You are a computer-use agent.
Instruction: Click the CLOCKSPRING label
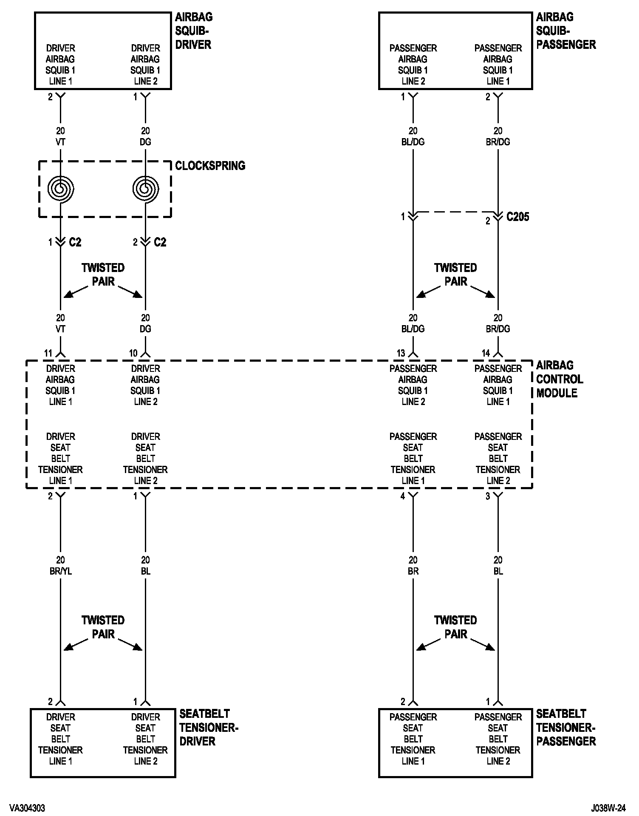coord(210,166)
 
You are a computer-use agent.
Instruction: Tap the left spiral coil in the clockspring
coord(61,188)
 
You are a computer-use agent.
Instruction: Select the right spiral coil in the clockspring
coord(146,188)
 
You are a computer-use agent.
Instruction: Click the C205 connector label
coord(518,217)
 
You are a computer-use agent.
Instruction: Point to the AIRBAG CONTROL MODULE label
coord(559,379)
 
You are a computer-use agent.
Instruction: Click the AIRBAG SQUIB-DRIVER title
coord(194,31)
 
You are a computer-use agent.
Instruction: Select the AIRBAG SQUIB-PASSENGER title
coord(565,31)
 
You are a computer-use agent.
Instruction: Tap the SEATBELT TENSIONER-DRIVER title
coord(208,727)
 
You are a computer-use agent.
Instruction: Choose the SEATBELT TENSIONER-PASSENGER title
coord(565,727)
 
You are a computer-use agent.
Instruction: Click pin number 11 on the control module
coord(48,353)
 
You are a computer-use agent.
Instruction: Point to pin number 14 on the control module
coord(486,353)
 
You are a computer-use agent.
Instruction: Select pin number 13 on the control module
coord(401,353)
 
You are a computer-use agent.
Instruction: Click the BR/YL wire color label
coord(61,571)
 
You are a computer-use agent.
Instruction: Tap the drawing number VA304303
coord(27,807)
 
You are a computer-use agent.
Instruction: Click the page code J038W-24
coord(608,807)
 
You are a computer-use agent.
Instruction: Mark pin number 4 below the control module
coord(403,496)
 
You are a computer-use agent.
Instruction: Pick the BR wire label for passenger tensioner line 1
coord(413,571)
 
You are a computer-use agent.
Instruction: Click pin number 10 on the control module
coord(133,353)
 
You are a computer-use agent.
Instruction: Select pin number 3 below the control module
coord(488,496)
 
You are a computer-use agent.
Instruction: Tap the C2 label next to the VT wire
coord(75,242)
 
